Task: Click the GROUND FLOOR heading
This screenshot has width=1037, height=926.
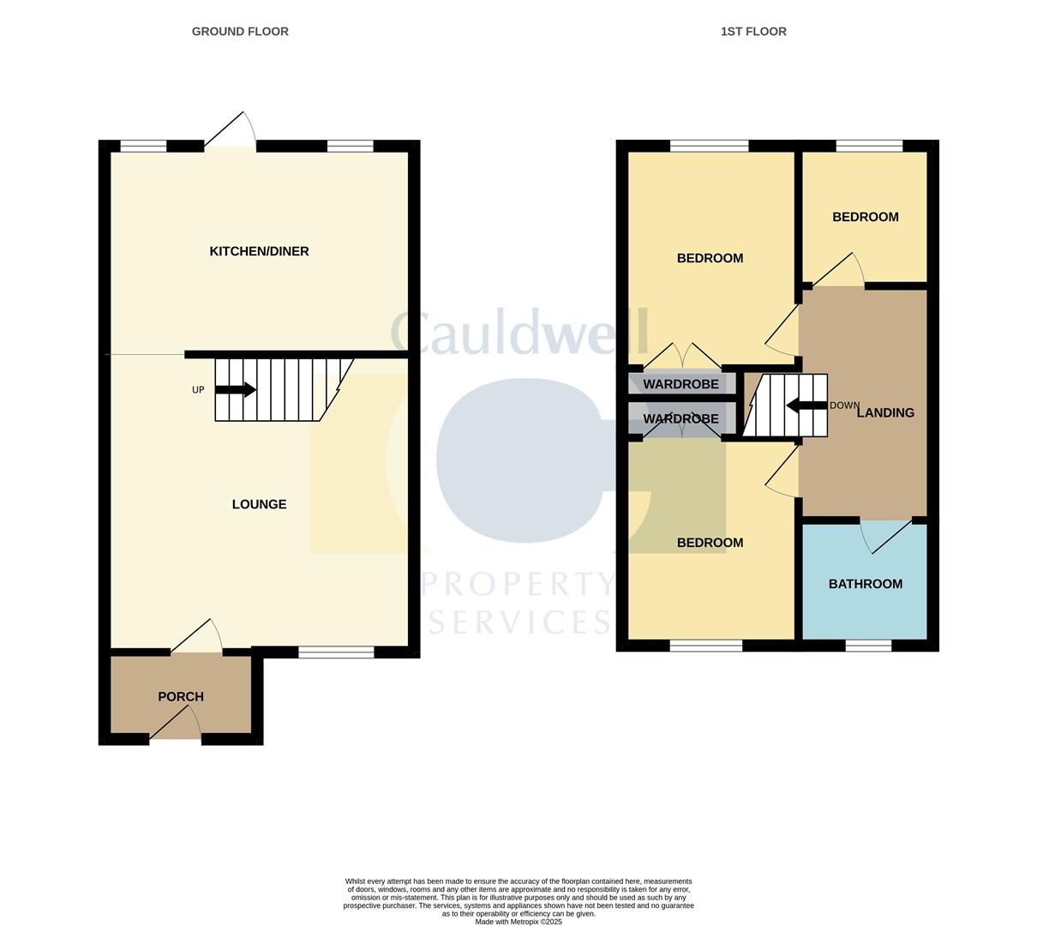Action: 240,31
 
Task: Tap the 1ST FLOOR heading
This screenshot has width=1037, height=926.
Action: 753,31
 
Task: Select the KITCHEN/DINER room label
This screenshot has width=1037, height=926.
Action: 259,251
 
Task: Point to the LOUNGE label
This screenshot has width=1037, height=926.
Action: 259,504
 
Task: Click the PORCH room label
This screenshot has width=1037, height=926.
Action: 181,696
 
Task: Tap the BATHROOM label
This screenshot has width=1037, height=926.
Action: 866,584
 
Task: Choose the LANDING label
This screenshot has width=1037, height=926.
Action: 885,412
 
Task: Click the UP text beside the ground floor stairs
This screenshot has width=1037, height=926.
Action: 198,390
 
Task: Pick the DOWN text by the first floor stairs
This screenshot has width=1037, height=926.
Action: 844,405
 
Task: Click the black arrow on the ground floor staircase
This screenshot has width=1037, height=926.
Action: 236,389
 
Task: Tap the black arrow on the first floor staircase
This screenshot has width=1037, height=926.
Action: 806,406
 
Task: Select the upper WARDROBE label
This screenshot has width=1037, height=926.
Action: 680,384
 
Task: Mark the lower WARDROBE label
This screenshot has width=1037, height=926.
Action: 680,419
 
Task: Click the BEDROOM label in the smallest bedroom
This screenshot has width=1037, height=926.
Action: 866,217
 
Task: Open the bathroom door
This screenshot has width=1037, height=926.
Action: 886,536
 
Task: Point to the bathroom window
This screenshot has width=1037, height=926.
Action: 869,646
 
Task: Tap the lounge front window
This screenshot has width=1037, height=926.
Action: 336,652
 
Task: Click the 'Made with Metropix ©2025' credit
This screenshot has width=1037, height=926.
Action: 518,922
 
